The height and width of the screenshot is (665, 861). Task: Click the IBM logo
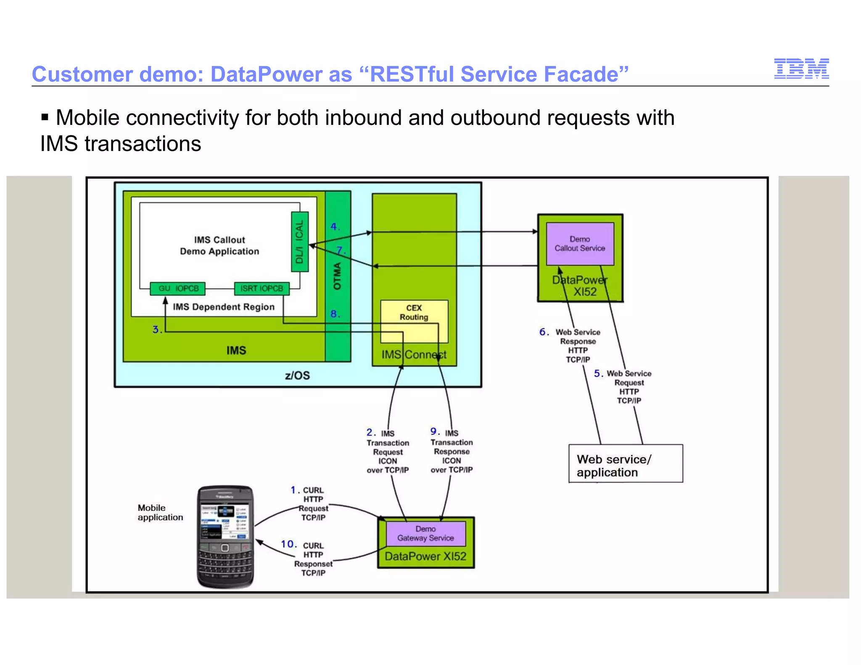[x=801, y=69]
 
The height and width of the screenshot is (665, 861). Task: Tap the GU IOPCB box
[x=178, y=288]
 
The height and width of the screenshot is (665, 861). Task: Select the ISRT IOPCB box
[x=261, y=288]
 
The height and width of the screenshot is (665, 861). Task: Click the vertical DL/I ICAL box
[x=300, y=242]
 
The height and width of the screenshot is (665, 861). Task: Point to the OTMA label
[x=337, y=276]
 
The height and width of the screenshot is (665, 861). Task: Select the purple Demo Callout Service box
[x=580, y=244]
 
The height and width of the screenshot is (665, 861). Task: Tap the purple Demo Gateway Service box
[x=425, y=533]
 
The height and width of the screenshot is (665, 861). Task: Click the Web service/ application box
[x=625, y=463]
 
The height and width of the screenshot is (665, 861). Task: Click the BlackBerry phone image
[x=225, y=537]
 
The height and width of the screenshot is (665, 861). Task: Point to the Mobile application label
[x=160, y=512]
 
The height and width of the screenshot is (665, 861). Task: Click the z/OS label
[x=297, y=375]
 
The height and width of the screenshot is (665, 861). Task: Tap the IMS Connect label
[x=414, y=355]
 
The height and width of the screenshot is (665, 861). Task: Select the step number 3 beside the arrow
[x=156, y=330]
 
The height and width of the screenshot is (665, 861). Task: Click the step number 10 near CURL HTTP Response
[x=288, y=544]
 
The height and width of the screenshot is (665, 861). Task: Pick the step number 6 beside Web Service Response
[x=544, y=332]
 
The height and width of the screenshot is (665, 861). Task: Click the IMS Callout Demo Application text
[x=219, y=245]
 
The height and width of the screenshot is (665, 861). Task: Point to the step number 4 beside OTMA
[x=334, y=227]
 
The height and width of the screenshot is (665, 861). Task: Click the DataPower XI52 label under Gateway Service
[x=425, y=556]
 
